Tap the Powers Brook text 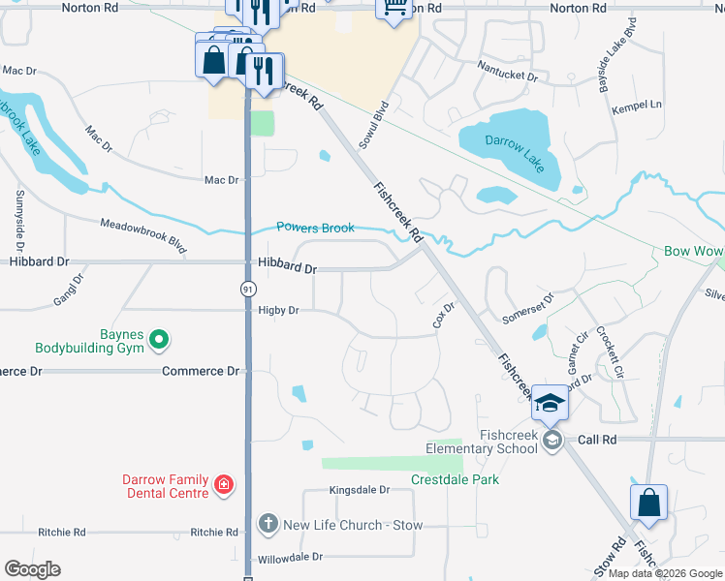pyautogui.click(x=315, y=228)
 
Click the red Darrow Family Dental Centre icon pyautogui.click(x=224, y=483)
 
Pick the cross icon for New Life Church pyautogui.click(x=268, y=524)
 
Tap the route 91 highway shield pyautogui.click(x=248, y=288)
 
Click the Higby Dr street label pyautogui.click(x=278, y=311)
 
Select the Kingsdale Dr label pyautogui.click(x=359, y=491)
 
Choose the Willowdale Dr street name pyautogui.click(x=290, y=558)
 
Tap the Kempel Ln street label pyautogui.click(x=636, y=105)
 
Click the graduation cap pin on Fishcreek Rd pyautogui.click(x=549, y=404)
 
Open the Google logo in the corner pyautogui.click(x=31, y=569)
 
